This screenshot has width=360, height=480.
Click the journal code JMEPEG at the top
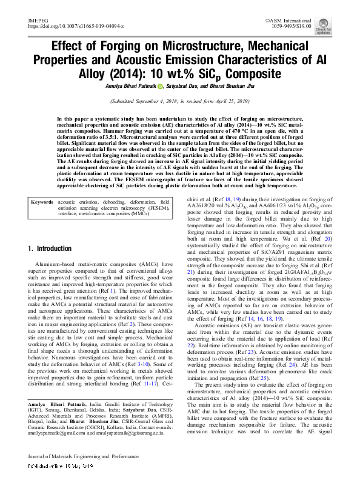[37, 21]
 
